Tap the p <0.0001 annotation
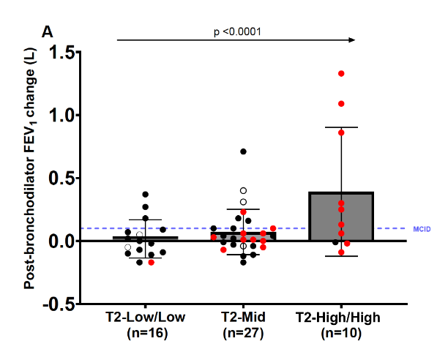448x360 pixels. click(x=237, y=31)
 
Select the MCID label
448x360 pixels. click(x=422, y=229)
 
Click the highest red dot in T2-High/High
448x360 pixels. click(x=341, y=74)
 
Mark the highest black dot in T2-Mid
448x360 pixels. click(x=244, y=151)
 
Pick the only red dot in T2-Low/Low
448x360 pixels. click(x=152, y=262)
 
